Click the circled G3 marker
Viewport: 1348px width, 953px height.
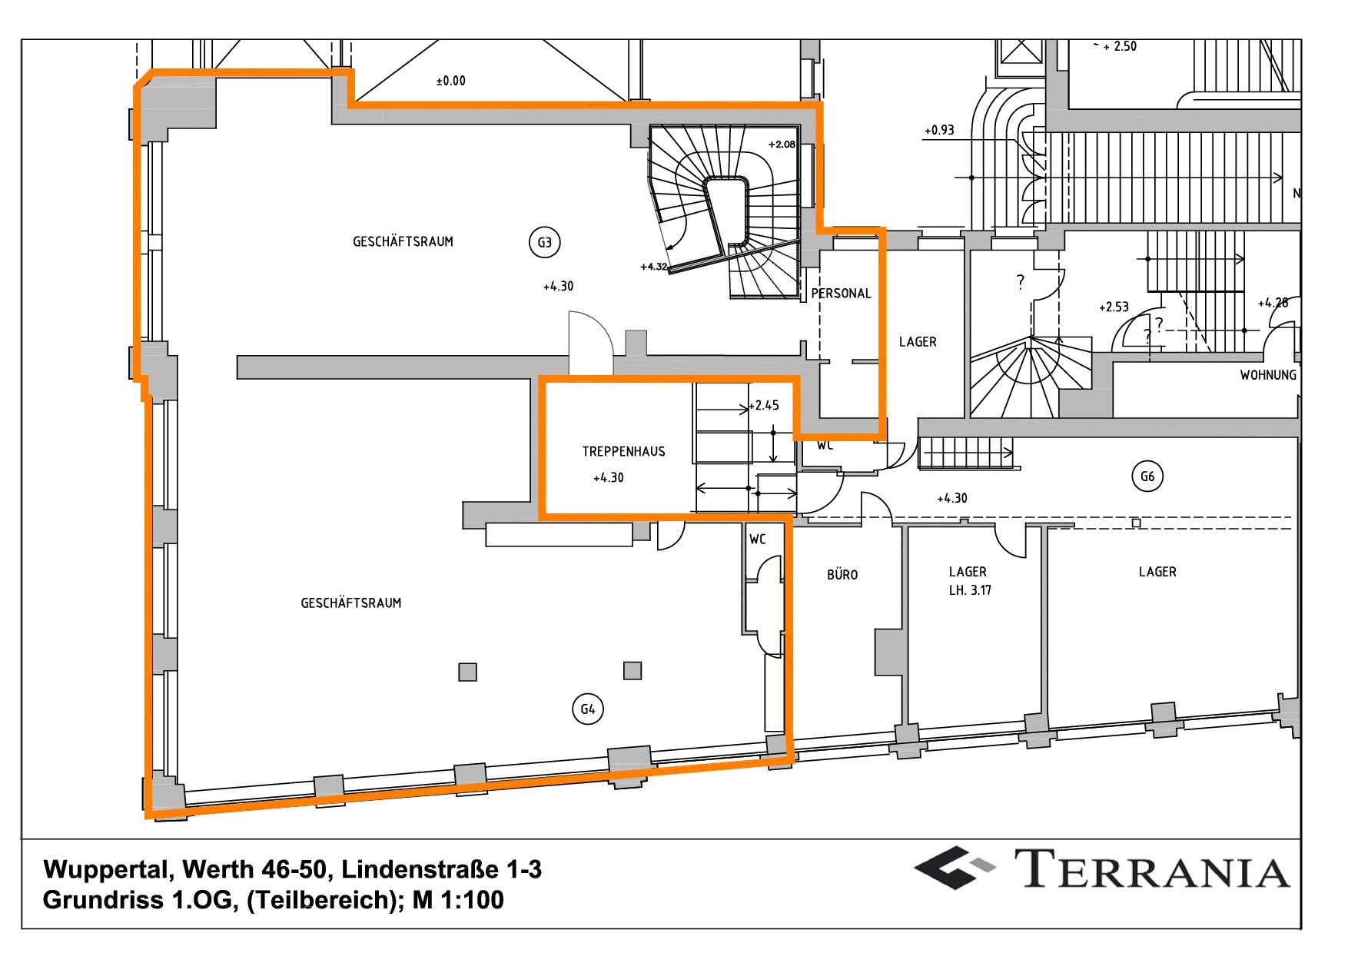[544, 243]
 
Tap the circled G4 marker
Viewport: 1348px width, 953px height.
[588, 709]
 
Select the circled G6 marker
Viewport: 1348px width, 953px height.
[1147, 476]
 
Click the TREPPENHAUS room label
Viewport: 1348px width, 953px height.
[623, 452]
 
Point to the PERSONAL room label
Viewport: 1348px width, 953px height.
[841, 294]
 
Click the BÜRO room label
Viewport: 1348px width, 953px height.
[842, 575]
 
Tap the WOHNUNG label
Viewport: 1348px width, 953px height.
[1267, 375]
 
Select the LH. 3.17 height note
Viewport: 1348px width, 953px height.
[970, 590]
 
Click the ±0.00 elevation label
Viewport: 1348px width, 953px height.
[450, 81]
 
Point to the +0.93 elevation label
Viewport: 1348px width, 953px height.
[939, 131]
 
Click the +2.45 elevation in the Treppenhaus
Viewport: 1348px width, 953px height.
[765, 405]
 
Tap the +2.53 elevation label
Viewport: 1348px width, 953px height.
[1114, 307]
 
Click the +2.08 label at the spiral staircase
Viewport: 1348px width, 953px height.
[782, 144]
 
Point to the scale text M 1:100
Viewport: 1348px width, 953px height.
[458, 900]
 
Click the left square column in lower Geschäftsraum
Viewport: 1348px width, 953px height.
[467, 672]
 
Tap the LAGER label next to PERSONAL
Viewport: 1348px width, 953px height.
[918, 342]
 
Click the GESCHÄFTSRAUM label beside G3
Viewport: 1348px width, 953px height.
[403, 242]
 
